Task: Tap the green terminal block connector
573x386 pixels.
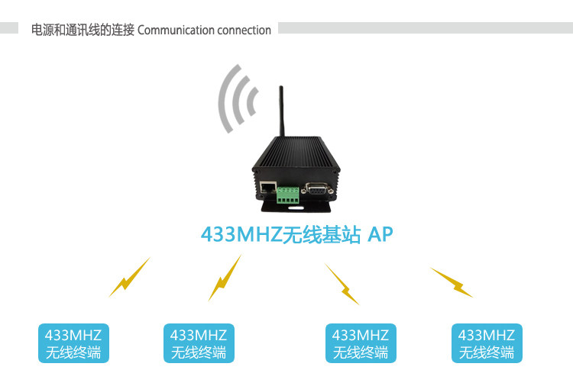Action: coord(289,194)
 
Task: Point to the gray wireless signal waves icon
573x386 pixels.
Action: coord(236,100)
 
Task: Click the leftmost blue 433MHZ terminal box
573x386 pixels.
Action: coord(73,343)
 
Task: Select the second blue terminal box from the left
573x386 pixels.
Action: coord(199,343)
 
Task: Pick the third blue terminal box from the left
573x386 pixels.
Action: coord(361,343)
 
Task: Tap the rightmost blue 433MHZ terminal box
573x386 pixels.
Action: coord(487,343)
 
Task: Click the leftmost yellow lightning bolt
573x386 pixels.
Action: coord(129,277)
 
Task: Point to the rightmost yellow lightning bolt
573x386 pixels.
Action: coord(452,281)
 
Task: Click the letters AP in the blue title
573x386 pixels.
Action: coord(380,234)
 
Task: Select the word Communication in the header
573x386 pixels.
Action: coord(176,31)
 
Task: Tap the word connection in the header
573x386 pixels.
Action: coord(244,31)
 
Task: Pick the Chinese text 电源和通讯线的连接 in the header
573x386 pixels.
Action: coord(83,31)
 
